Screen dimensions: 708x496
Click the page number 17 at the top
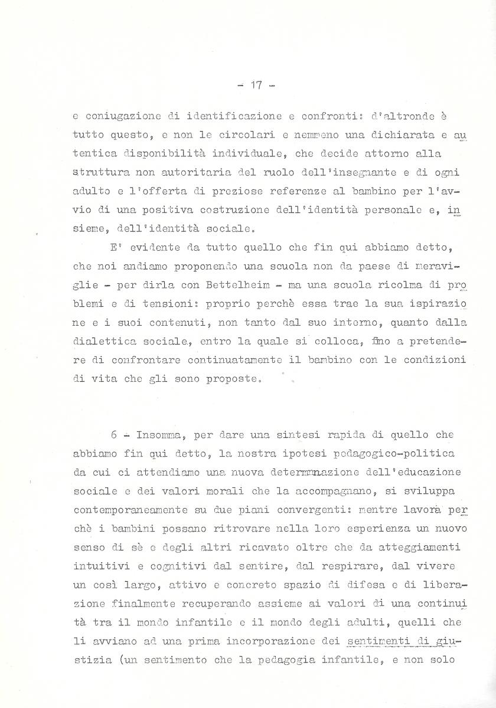(x=256, y=85)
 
